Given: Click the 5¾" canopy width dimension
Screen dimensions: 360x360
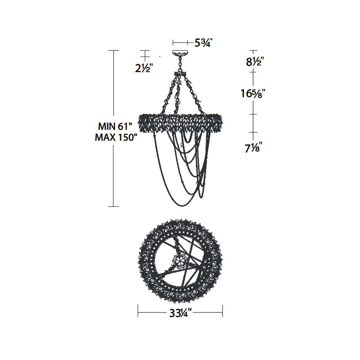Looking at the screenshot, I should click(x=204, y=43).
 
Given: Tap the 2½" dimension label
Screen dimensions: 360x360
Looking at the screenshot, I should click(x=144, y=68).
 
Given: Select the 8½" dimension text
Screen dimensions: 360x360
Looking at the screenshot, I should click(x=255, y=62).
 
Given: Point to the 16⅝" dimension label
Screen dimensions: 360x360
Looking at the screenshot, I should click(x=253, y=94).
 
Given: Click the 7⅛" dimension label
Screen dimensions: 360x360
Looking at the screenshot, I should click(x=253, y=149).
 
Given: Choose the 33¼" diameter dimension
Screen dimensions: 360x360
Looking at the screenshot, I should click(x=180, y=314).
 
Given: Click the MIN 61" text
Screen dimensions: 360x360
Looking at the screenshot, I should click(x=115, y=126).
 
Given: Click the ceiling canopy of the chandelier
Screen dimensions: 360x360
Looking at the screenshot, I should click(x=180, y=53).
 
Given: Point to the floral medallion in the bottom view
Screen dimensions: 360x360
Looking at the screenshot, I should click(x=179, y=261).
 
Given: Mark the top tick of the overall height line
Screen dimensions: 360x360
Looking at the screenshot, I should click(x=113, y=50).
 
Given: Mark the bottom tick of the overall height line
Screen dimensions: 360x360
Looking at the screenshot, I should click(x=113, y=207).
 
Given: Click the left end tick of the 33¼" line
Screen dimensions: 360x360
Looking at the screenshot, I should click(x=138, y=311).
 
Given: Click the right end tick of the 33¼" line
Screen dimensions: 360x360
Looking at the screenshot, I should click(x=223, y=311).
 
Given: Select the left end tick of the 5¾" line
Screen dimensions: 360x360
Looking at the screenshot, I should click(x=173, y=43).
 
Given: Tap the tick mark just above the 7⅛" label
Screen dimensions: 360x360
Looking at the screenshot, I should click(x=253, y=133).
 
